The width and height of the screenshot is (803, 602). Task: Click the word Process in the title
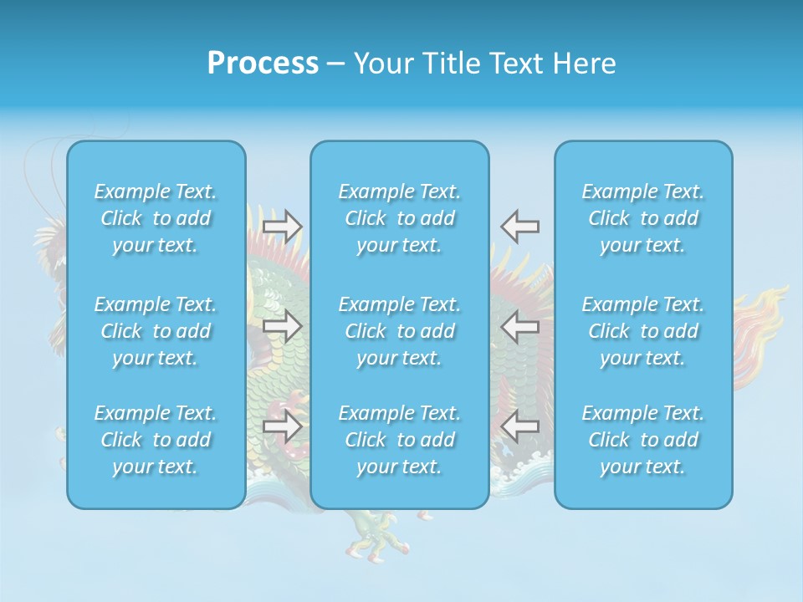(263, 63)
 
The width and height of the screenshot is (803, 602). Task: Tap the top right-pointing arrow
(282, 227)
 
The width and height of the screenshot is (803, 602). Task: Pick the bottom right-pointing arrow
(282, 426)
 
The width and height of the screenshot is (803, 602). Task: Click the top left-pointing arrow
(520, 227)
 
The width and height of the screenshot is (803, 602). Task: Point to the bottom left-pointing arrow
(520, 426)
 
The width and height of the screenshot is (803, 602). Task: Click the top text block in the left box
(156, 218)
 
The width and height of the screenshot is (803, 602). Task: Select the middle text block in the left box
(156, 331)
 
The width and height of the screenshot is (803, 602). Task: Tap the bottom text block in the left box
(156, 440)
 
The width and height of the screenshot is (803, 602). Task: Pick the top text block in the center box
(400, 218)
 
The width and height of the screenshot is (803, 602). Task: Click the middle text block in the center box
(400, 331)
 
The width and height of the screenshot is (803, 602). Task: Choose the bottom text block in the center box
(400, 440)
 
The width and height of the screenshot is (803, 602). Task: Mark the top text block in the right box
(643, 218)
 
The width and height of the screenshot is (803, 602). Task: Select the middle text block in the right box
(643, 331)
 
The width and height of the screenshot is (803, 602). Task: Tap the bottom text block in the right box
(643, 440)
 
